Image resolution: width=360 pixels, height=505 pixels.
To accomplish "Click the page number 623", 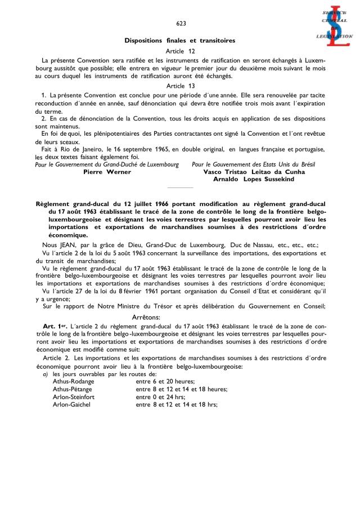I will pyautogui.click(x=181, y=23).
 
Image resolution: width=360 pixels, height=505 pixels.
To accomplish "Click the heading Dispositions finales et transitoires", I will pyautogui.click(x=180, y=41).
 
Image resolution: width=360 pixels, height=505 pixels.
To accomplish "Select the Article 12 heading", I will pyautogui.click(x=180, y=51).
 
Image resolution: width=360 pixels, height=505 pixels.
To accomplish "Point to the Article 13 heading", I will pyautogui.click(x=180, y=86).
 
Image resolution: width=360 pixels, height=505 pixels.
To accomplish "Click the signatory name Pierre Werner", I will pyautogui.click(x=107, y=172).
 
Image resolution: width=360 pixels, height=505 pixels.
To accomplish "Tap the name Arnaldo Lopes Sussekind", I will pyautogui.click(x=253, y=179).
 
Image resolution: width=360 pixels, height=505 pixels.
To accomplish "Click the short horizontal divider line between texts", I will pyautogui.click(x=180, y=188).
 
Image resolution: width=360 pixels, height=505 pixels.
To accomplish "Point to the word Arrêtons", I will pyautogui.click(x=180, y=318).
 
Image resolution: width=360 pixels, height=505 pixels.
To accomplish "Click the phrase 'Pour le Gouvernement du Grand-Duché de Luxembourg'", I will pyautogui.click(x=107, y=164).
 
